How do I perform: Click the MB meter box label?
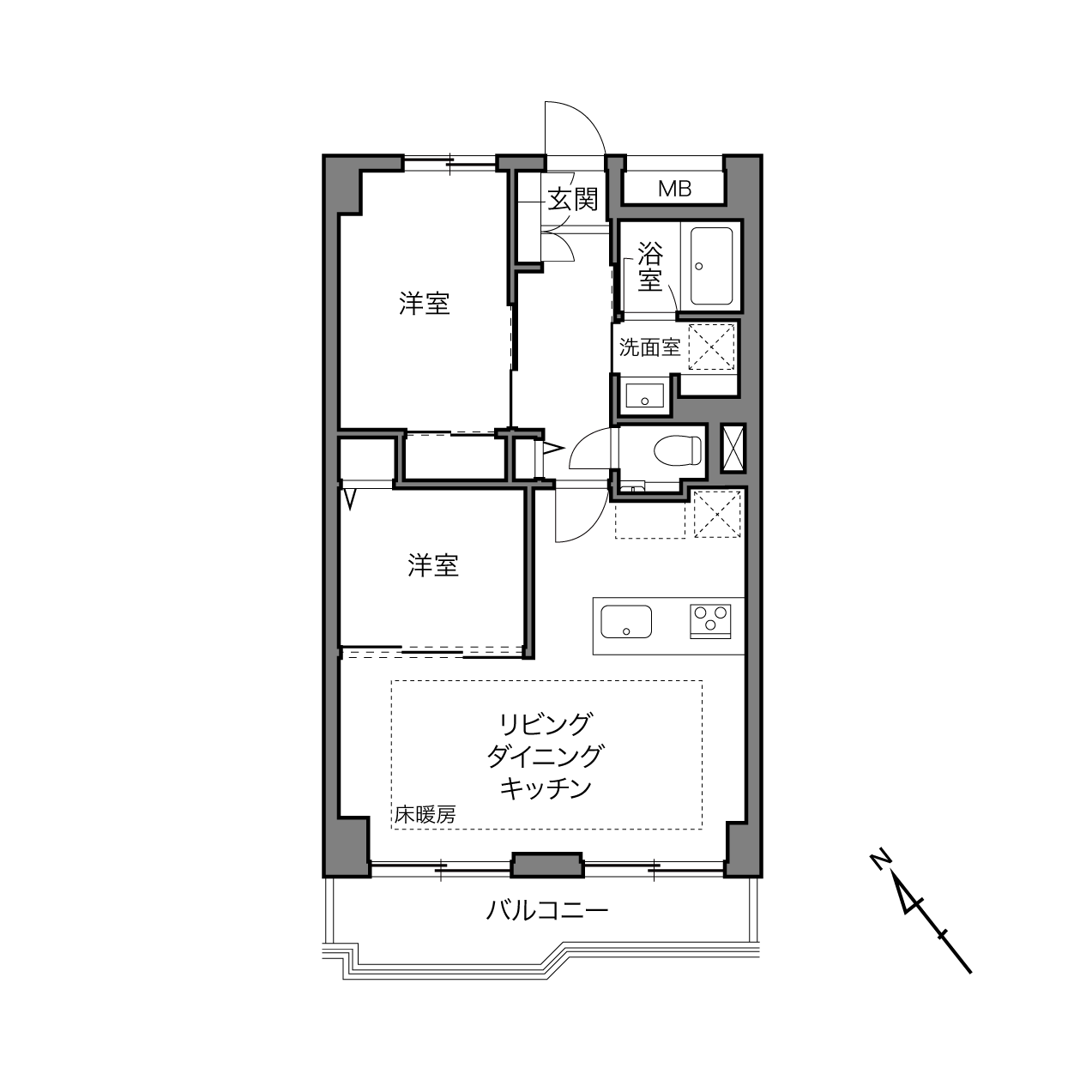674,189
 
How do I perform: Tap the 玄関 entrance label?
572,200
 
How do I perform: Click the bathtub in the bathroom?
711,266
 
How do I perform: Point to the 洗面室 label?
649,347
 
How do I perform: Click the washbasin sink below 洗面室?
645,395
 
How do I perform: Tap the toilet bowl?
677,450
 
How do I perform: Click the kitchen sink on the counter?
626,621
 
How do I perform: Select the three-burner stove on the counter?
710,621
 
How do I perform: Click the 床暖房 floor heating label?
425,815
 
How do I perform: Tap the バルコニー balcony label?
546,911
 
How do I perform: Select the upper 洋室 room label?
424,304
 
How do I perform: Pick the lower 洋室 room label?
433,564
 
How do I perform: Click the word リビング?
545,725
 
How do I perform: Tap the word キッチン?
545,788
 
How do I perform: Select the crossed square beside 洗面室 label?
712,347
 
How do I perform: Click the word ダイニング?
545,757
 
